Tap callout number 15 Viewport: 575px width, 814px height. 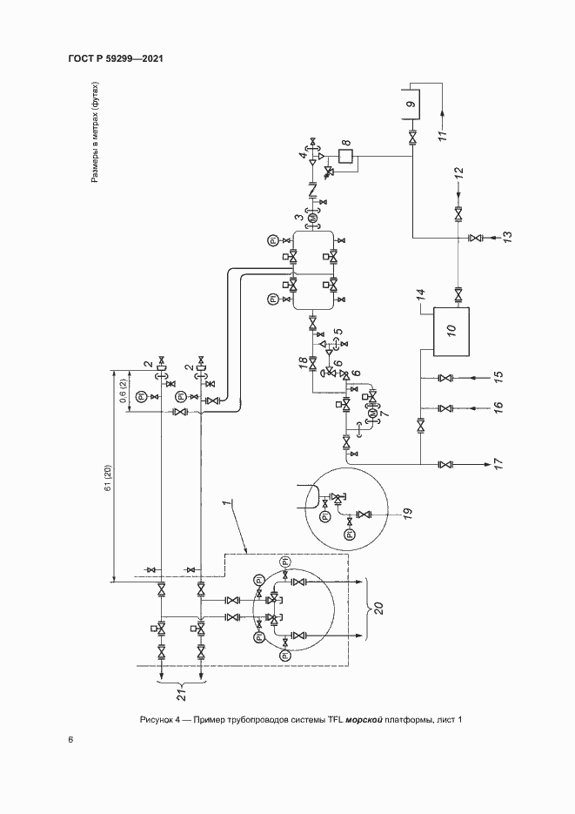pos(498,378)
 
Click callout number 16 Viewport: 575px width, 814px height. pos(498,408)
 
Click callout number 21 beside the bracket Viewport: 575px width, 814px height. pos(181,694)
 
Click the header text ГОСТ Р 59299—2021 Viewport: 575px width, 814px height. pos(116,58)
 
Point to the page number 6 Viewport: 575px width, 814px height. pos(71,740)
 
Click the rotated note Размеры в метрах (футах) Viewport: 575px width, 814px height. pos(96,131)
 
